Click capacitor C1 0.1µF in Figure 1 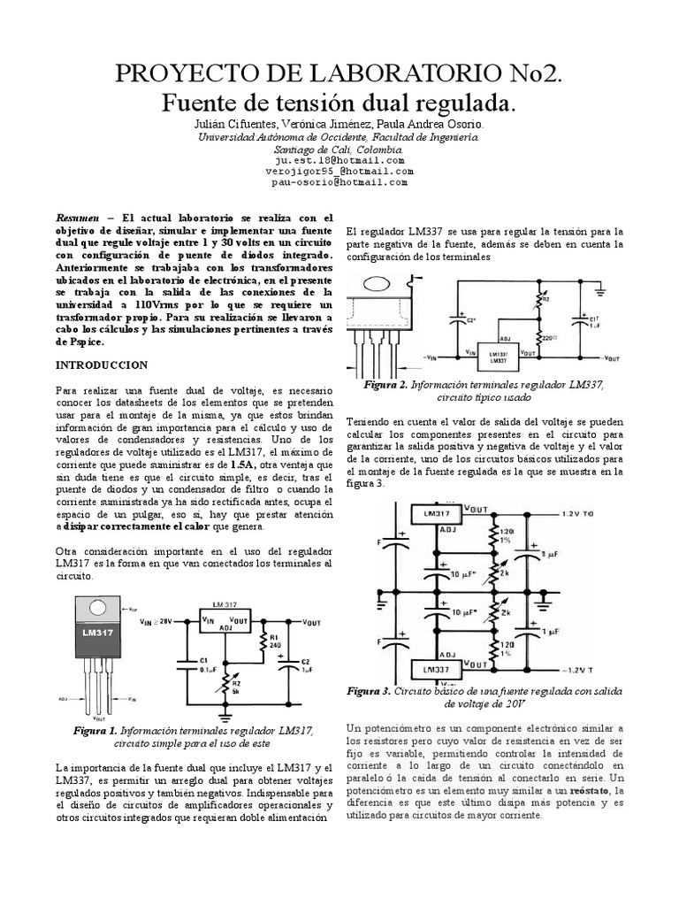click(186, 665)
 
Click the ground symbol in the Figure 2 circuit click(599, 289)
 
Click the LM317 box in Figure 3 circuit click(438, 512)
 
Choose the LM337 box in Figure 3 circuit click(438, 669)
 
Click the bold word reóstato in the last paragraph click(590, 790)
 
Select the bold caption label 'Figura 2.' click(385, 386)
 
